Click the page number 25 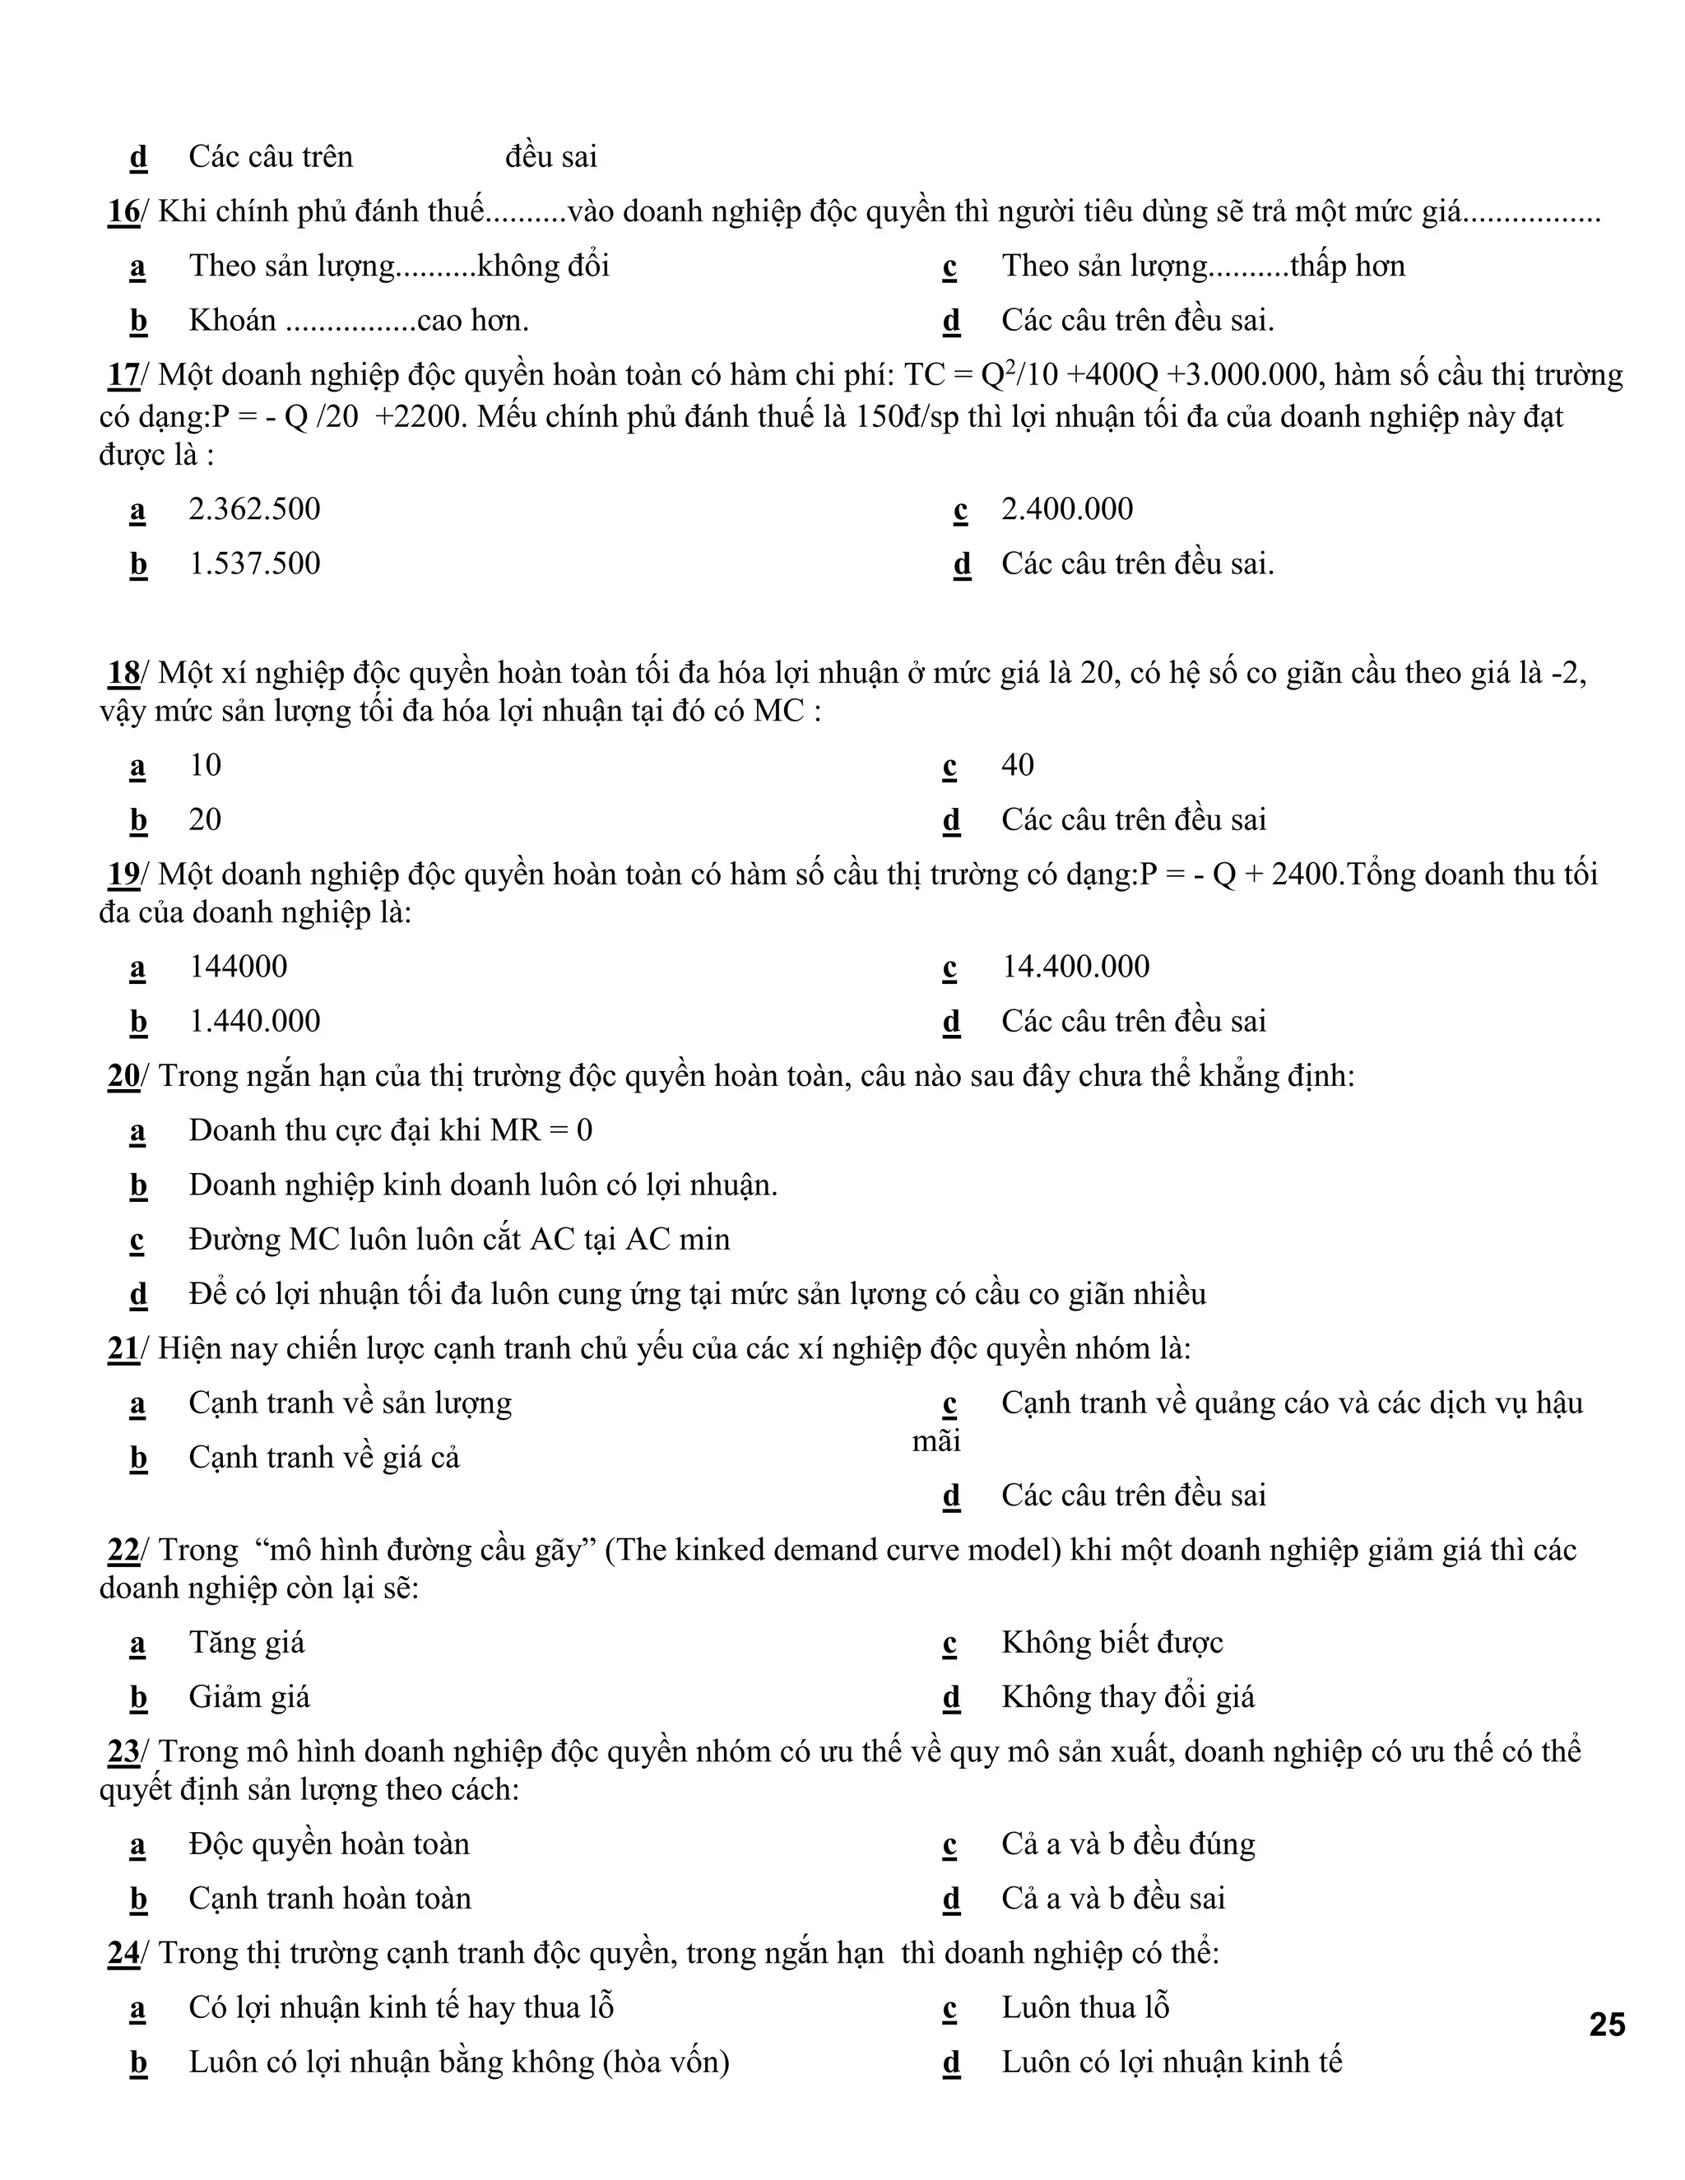click(x=1606, y=2025)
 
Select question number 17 click(x=123, y=375)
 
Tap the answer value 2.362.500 click(x=254, y=509)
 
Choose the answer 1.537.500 click(x=254, y=564)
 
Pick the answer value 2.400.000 click(x=1067, y=509)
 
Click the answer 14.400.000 click(x=1075, y=967)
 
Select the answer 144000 click(x=238, y=967)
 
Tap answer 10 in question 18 click(x=205, y=766)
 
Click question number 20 click(x=123, y=1076)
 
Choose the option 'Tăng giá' click(x=247, y=1643)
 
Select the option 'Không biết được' click(x=1112, y=1643)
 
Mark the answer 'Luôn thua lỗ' click(x=1085, y=2007)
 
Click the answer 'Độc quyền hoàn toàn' click(x=328, y=1844)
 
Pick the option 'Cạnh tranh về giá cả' click(x=323, y=1459)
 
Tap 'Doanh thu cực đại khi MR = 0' click(x=390, y=1131)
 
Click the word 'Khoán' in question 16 click(x=233, y=320)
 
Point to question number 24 click(x=123, y=1954)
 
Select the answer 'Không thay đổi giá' click(x=1128, y=1698)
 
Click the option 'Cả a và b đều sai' click(x=1113, y=1899)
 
